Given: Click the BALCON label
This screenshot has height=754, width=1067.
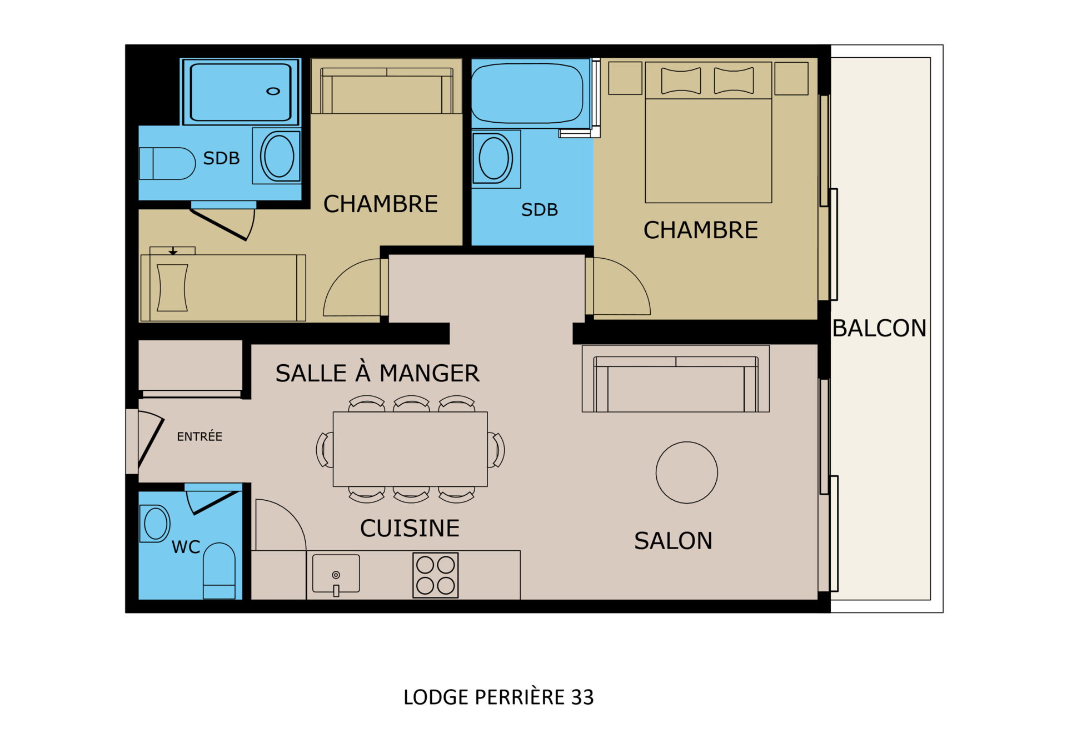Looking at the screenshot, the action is click(879, 328).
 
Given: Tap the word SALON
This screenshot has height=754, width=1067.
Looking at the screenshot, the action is click(673, 541).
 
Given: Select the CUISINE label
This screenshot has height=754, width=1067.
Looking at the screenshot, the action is click(410, 528).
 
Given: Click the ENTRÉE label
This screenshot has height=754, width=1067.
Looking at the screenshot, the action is click(200, 436).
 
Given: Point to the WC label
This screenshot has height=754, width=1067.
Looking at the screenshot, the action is click(186, 547).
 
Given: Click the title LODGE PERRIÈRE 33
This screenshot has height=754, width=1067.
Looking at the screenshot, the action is click(498, 697).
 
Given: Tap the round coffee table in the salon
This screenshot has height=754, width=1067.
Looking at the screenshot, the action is click(686, 472).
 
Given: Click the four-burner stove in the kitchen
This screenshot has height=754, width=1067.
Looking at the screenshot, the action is click(435, 575).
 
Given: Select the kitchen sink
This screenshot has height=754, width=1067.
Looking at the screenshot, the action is click(336, 574).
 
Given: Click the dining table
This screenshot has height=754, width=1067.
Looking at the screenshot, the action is click(410, 449).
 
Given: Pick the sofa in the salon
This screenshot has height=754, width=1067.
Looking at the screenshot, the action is click(676, 379).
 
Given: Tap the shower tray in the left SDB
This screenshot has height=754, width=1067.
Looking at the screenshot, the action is click(241, 92).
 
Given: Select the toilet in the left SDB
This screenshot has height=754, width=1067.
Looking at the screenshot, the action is click(167, 163).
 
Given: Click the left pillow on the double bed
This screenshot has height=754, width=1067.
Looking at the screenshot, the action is click(681, 81).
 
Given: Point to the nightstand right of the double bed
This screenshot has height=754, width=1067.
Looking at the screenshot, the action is click(791, 78).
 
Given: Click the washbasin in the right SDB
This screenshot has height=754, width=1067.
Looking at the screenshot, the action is click(494, 159).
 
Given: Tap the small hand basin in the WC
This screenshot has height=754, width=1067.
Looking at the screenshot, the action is click(155, 524).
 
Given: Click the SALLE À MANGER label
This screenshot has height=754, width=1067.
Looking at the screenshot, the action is click(377, 373).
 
